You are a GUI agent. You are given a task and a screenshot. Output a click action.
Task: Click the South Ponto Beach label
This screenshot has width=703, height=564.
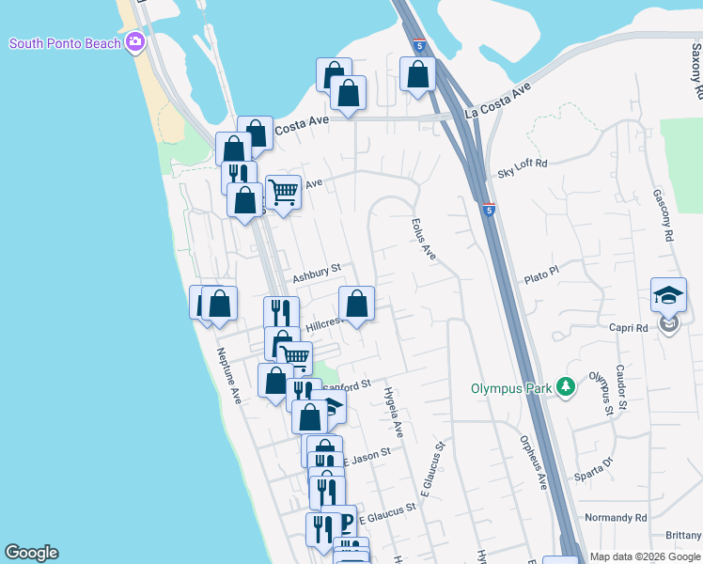[64, 43]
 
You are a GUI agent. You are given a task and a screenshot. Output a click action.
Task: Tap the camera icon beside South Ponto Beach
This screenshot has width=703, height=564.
[135, 42]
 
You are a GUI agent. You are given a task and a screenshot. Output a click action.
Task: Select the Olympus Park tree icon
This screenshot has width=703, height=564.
[565, 386]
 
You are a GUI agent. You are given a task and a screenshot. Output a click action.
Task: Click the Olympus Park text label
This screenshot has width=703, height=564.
[512, 388]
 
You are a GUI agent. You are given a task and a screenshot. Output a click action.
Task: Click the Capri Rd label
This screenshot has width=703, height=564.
[629, 328]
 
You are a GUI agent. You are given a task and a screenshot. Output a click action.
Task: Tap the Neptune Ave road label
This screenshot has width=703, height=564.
[230, 376]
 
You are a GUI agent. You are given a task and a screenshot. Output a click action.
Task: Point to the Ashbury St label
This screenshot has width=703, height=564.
[315, 274]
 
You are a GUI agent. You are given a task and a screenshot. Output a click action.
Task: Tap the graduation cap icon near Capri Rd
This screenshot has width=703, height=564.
[668, 295]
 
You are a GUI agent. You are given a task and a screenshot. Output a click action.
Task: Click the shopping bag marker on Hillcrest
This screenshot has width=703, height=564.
[356, 304]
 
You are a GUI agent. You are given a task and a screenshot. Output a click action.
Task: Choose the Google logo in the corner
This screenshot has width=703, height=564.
[31, 553]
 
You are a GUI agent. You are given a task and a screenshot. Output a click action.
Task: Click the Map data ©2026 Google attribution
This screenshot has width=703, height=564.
[645, 556]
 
